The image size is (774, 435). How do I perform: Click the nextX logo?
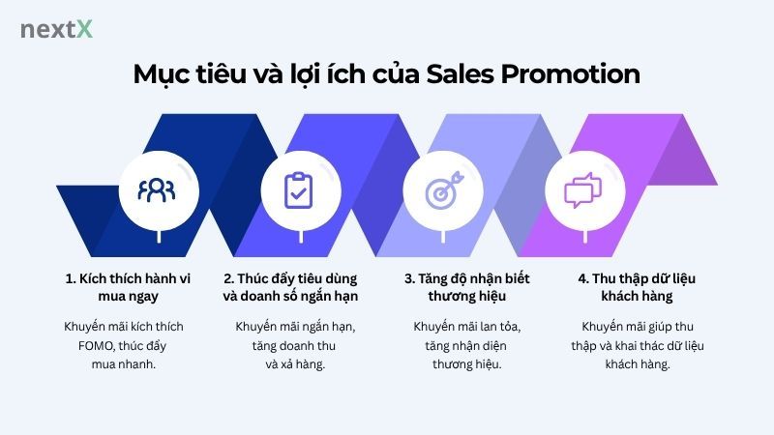[56, 29]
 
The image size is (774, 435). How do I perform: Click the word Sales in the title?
[464, 74]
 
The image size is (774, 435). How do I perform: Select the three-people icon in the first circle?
[156, 189]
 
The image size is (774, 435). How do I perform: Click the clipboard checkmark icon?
[299, 189]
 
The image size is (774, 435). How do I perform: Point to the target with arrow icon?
[441, 189]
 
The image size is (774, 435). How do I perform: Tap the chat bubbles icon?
[583, 189]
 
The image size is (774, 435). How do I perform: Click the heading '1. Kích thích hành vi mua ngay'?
[129, 287]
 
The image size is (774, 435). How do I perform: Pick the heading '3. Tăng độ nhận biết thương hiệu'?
[466, 287]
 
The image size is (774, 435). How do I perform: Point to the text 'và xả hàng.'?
[296, 364]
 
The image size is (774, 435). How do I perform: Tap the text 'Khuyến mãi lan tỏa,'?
[466, 326]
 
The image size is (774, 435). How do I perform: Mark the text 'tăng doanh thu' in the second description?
[296, 345]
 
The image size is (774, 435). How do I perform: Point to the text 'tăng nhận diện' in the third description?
[466, 345]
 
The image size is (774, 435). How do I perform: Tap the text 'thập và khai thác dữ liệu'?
[639, 345]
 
